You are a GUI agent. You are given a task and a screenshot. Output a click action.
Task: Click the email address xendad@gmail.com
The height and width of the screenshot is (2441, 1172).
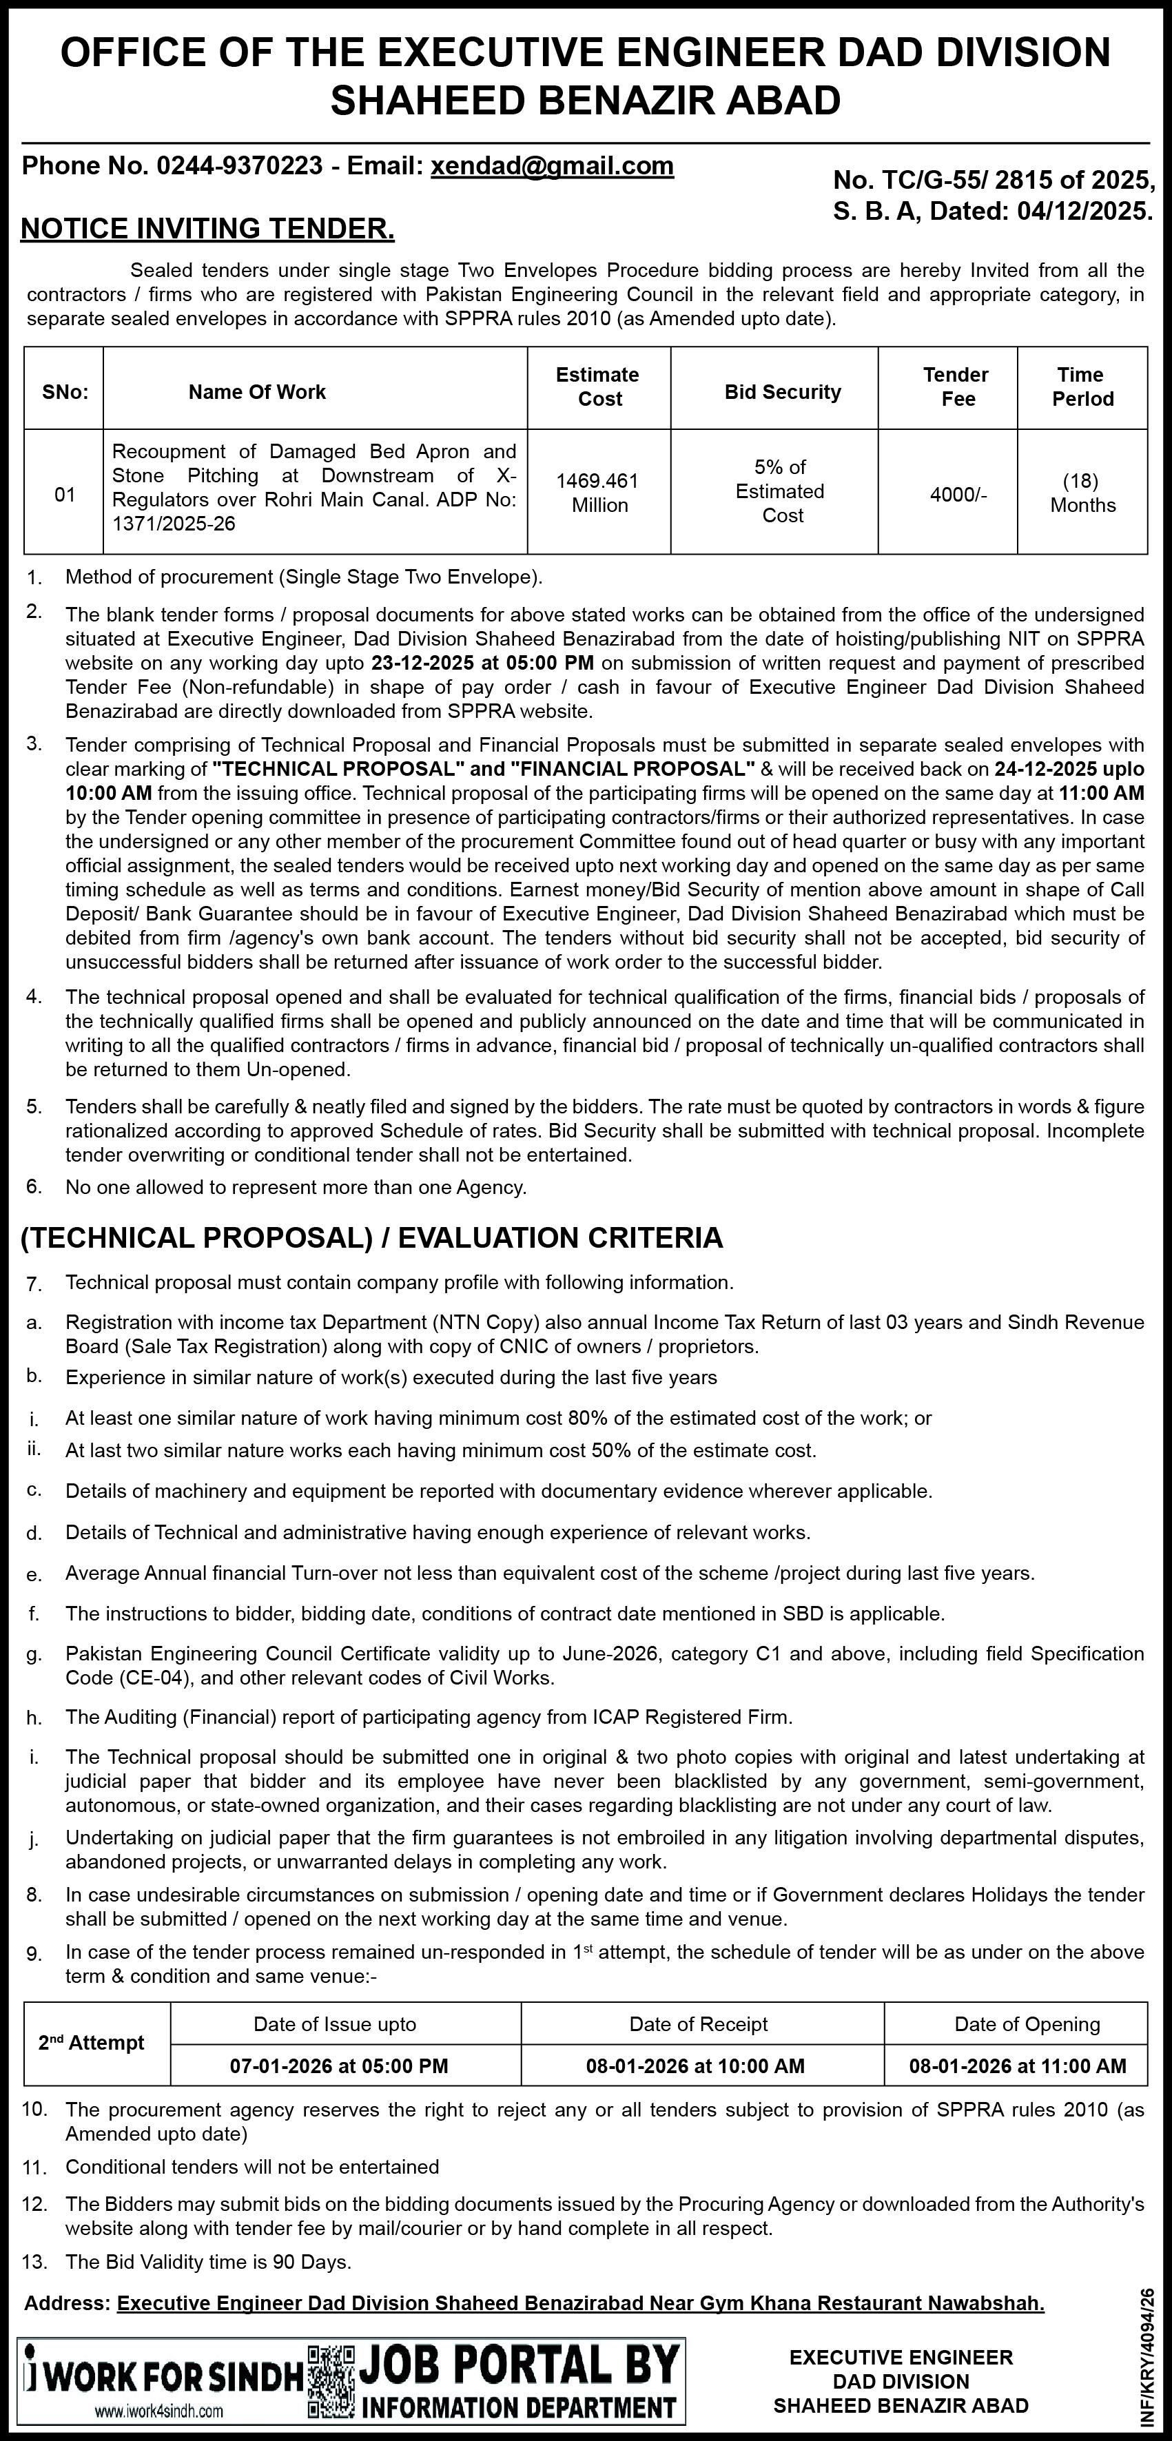pyautogui.click(x=553, y=166)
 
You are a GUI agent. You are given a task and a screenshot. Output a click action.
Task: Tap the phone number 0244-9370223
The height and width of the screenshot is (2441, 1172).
pyautogui.click(x=239, y=166)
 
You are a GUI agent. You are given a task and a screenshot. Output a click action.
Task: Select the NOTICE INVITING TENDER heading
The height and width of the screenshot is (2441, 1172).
pyautogui.click(x=207, y=228)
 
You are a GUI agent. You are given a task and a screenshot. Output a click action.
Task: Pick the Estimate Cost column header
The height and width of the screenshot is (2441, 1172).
pyautogui.click(x=598, y=387)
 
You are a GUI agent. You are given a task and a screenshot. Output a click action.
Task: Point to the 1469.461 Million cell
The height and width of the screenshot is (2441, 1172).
pyautogui.click(x=598, y=493)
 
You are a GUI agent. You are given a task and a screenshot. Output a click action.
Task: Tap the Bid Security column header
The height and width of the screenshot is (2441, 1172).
pyautogui.click(x=783, y=392)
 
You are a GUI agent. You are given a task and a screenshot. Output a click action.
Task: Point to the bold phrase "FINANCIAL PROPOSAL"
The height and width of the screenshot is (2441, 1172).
pyautogui.click(x=632, y=768)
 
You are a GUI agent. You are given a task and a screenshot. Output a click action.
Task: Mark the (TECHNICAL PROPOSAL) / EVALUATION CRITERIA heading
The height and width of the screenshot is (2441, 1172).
pyautogui.click(x=371, y=1237)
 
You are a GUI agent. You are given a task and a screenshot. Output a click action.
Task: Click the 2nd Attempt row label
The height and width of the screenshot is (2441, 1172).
pyautogui.click(x=91, y=2043)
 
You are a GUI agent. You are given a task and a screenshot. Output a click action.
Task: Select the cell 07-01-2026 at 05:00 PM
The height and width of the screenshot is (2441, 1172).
pyautogui.click(x=339, y=2066)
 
